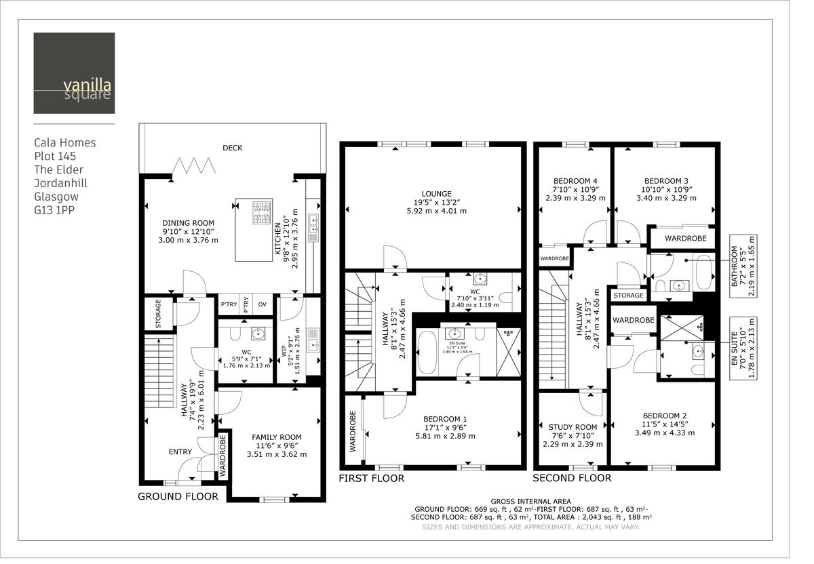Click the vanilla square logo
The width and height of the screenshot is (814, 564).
tap(74, 73)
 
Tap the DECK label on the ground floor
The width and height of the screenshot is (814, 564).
tap(232, 148)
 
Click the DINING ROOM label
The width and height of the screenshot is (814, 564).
tap(188, 223)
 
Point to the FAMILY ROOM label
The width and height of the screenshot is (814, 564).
tap(276, 437)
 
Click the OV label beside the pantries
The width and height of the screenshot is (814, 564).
tap(263, 304)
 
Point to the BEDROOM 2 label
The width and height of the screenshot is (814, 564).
tap(665, 416)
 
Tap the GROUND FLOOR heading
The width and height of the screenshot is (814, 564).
tap(178, 496)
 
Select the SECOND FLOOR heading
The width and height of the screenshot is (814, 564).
tap(571, 478)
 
